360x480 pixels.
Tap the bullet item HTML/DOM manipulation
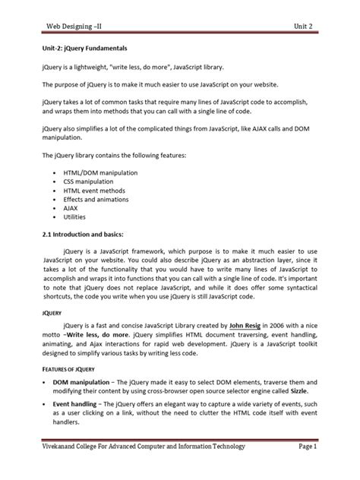100,174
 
